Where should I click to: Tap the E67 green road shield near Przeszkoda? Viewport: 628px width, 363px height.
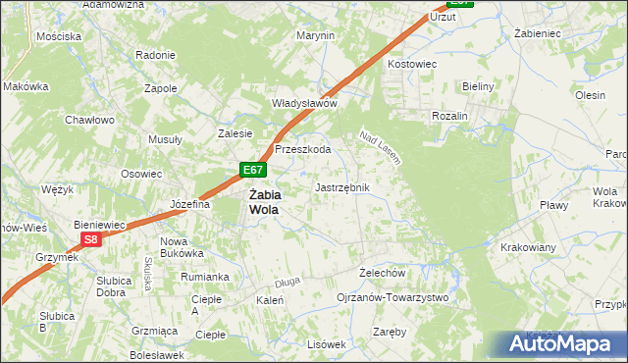tap(252, 171)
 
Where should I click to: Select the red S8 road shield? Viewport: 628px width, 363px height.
tap(90, 239)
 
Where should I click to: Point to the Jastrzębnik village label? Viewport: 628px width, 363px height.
tap(341, 186)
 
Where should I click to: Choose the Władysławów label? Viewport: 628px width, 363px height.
tap(304, 103)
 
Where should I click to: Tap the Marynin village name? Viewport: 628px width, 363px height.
tap(316, 35)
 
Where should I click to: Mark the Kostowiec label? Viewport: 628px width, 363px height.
tap(411, 63)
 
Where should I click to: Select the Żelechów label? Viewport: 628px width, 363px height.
tap(383, 272)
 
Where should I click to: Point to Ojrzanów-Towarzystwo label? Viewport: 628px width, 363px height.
tap(392, 296)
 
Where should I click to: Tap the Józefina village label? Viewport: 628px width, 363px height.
tap(190, 204)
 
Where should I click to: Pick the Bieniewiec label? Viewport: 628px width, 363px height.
tap(100, 224)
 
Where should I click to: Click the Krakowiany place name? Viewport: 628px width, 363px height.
tap(529, 246)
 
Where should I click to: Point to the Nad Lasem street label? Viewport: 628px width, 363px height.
tap(381, 147)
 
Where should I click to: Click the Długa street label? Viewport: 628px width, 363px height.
tap(288, 281)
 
